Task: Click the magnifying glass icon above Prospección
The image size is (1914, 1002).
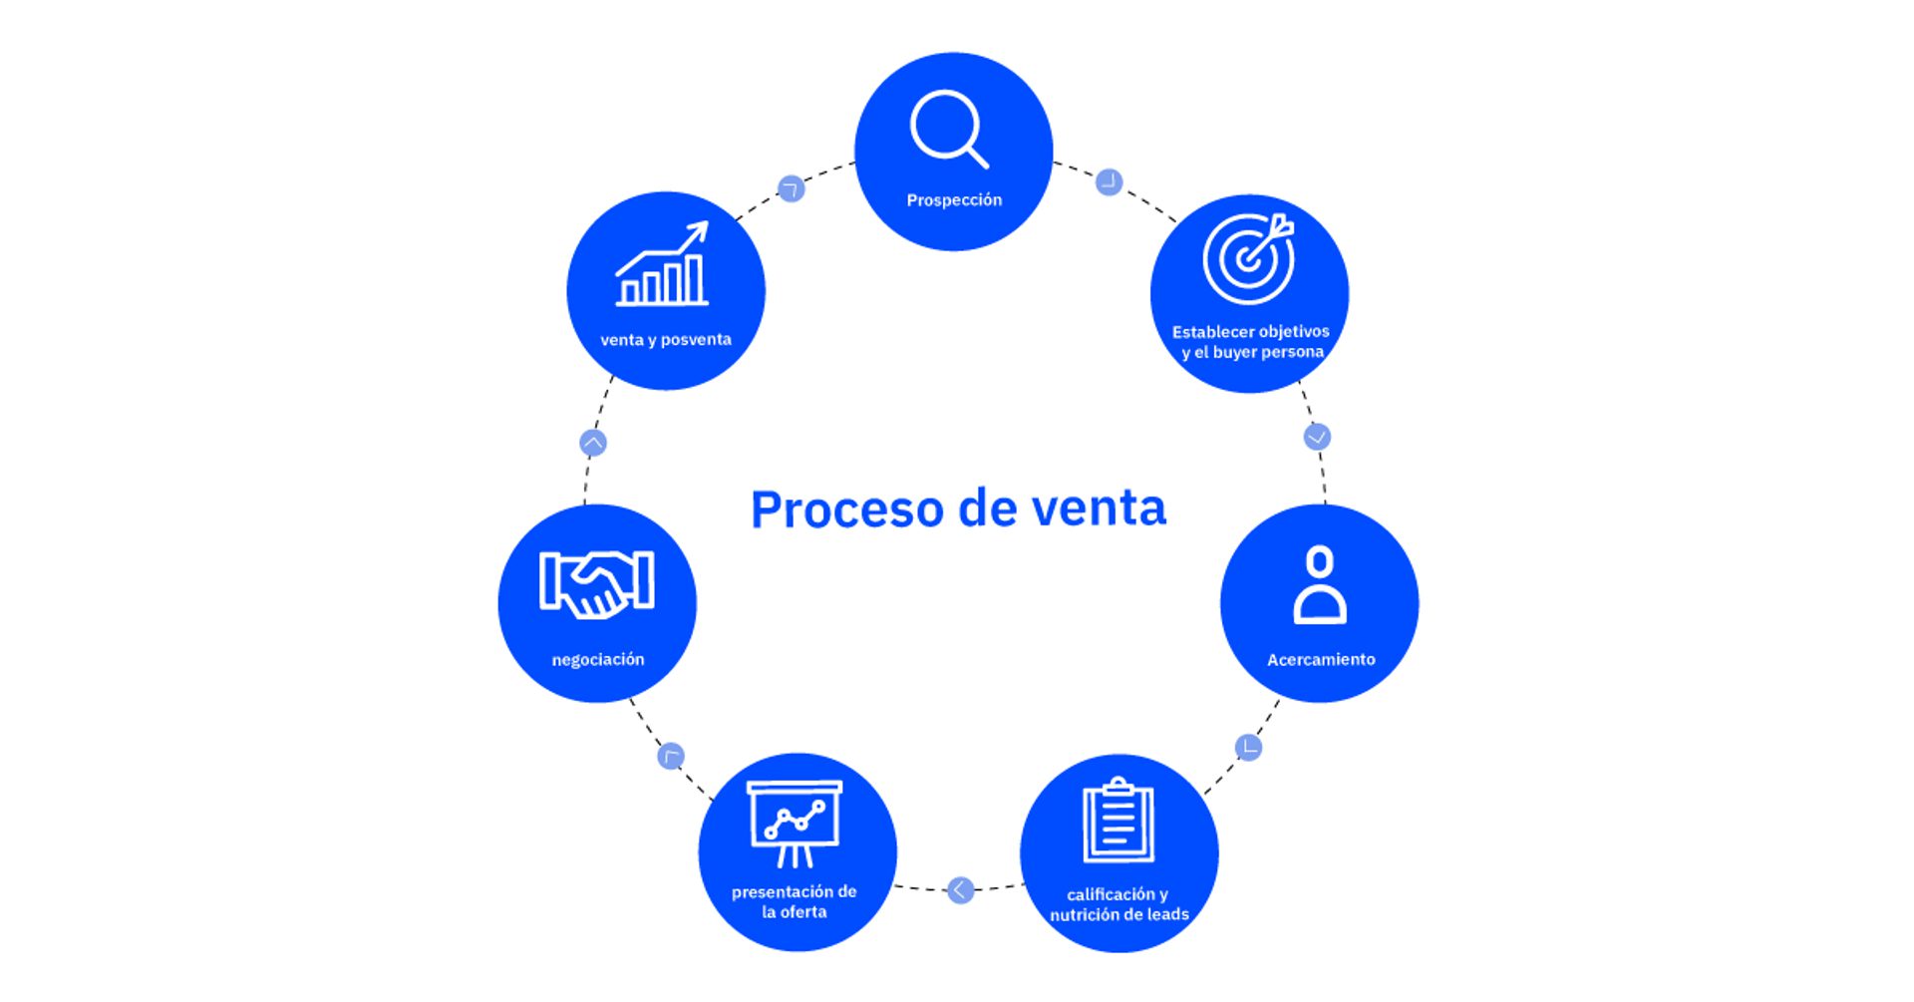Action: [947, 129]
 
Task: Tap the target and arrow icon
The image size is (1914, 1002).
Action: [1248, 258]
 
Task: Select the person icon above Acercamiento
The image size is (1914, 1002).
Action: [1320, 585]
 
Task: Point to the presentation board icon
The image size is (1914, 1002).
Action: [795, 824]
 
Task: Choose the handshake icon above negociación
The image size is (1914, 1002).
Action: [596, 583]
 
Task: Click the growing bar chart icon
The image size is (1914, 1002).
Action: [663, 265]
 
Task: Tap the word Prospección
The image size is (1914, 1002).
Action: [954, 200]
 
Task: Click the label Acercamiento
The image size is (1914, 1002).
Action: [1321, 660]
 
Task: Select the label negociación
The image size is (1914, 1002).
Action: [598, 660]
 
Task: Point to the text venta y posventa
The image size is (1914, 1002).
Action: [666, 340]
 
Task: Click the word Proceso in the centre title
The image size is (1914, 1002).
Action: [846, 509]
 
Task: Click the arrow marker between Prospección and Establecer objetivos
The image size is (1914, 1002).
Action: [1109, 182]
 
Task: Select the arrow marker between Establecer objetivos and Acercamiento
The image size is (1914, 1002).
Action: [1317, 437]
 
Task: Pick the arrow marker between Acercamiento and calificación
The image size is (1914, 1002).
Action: [1248, 747]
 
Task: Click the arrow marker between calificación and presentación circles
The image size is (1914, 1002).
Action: [960, 889]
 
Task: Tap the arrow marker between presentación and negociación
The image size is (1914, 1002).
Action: [671, 757]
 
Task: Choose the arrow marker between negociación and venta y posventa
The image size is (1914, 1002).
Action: [593, 443]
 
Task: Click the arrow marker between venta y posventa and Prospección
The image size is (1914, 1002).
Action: [791, 188]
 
